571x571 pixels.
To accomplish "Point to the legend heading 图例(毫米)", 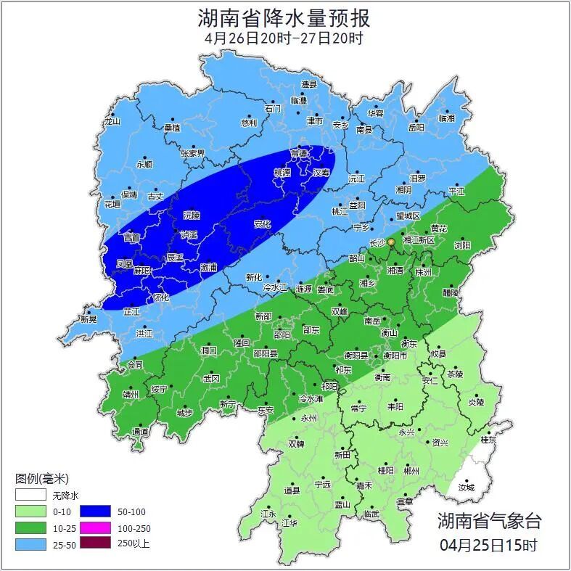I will click(x=41, y=479).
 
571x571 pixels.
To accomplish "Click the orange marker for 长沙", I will click(x=391, y=241).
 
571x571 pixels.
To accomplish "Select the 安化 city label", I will click(x=263, y=224).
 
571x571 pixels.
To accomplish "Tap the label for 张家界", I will click(x=193, y=154).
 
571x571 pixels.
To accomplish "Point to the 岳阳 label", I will click(x=416, y=128).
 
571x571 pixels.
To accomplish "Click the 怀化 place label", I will click(x=161, y=297).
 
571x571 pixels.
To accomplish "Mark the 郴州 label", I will click(x=411, y=470).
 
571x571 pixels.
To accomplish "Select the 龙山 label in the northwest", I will click(x=111, y=122).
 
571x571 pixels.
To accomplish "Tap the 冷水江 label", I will click(x=276, y=288).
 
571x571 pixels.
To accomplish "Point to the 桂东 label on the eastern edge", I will click(x=489, y=440).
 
